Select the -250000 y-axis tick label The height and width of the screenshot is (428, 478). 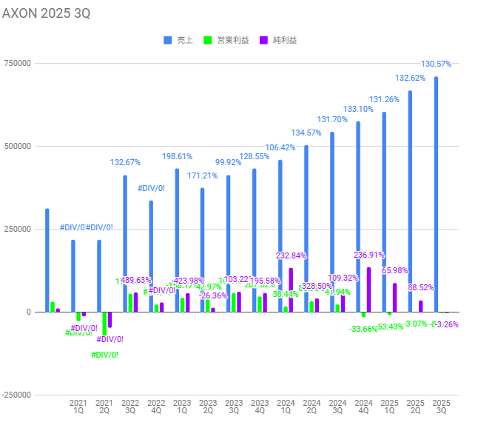(x=16, y=395)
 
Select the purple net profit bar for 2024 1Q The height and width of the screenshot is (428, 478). (x=291, y=290)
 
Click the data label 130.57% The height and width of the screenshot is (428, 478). (x=436, y=64)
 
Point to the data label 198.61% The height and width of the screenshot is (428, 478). (x=177, y=157)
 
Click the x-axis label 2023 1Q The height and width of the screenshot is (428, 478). (x=182, y=407)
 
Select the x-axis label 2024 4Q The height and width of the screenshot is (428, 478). (x=363, y=407)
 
